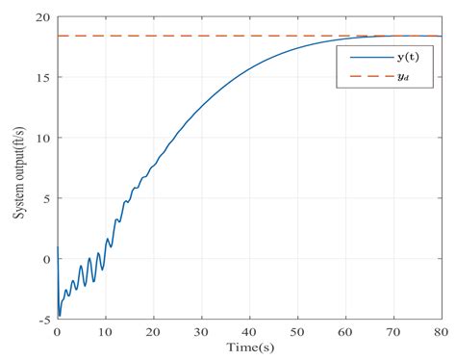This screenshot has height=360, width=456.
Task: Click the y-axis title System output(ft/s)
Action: click(18, 167)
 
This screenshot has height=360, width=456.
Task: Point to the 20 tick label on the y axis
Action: click(42, 18)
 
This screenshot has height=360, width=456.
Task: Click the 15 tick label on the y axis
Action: click(42, 78)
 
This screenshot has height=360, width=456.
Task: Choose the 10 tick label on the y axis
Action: click(42, 139)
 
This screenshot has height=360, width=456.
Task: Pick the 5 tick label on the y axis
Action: click(46, 198)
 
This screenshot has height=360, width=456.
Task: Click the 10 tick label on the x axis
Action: click(105, 331)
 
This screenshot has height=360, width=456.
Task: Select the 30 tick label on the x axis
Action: click(201, 331)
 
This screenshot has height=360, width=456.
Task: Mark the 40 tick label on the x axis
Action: click(249, 331)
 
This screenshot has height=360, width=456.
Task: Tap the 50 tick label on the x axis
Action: click(297, 331)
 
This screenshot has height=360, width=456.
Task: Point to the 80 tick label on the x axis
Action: click(442, 331)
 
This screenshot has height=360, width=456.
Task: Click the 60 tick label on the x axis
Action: click(345, 331)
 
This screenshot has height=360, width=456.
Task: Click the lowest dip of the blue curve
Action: click(60, 315)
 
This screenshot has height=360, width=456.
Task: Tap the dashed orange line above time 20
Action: click(153, 37)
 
